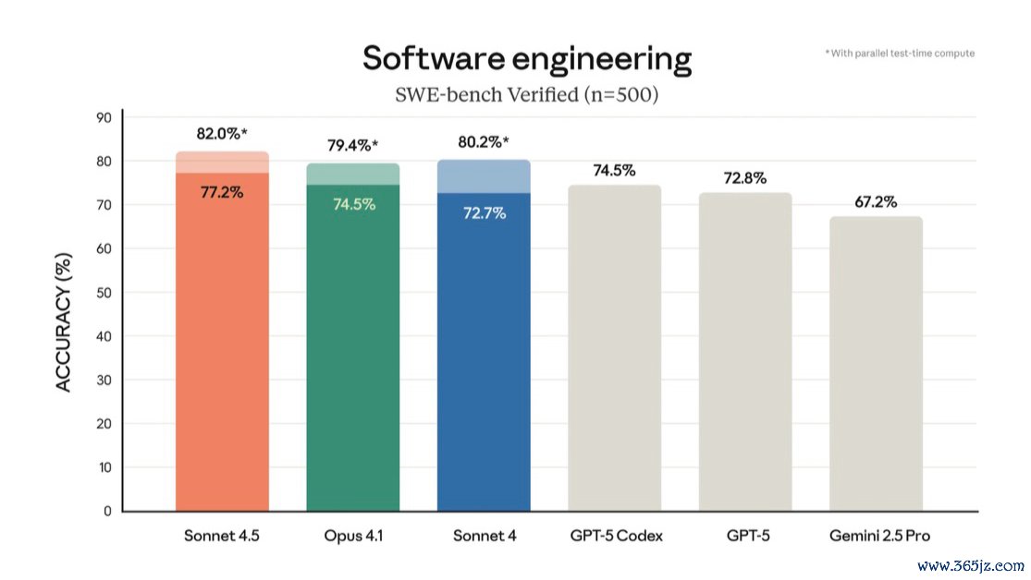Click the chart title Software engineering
(x=526, y=59)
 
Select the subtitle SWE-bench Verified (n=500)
(x=526, y=94)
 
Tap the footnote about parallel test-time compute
(x=899, y=54)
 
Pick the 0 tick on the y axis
(x=107, y=511)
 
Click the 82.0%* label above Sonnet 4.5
(x=222, y=134)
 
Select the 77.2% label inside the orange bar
(x=222, y=193)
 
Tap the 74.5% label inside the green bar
(x=353, y=204)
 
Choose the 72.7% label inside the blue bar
(x=484, y=212)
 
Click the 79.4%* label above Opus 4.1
(x=353, y=145)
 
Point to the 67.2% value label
(x=875, y=201)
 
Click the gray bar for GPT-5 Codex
(x=614, y=351)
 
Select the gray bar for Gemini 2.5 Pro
(x=875, y=369)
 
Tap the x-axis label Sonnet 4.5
(x=222, y=537)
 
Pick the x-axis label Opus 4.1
(x=353, y=537)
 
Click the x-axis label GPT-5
(x=744, y=537)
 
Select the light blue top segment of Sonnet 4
(x=484, y=176)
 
